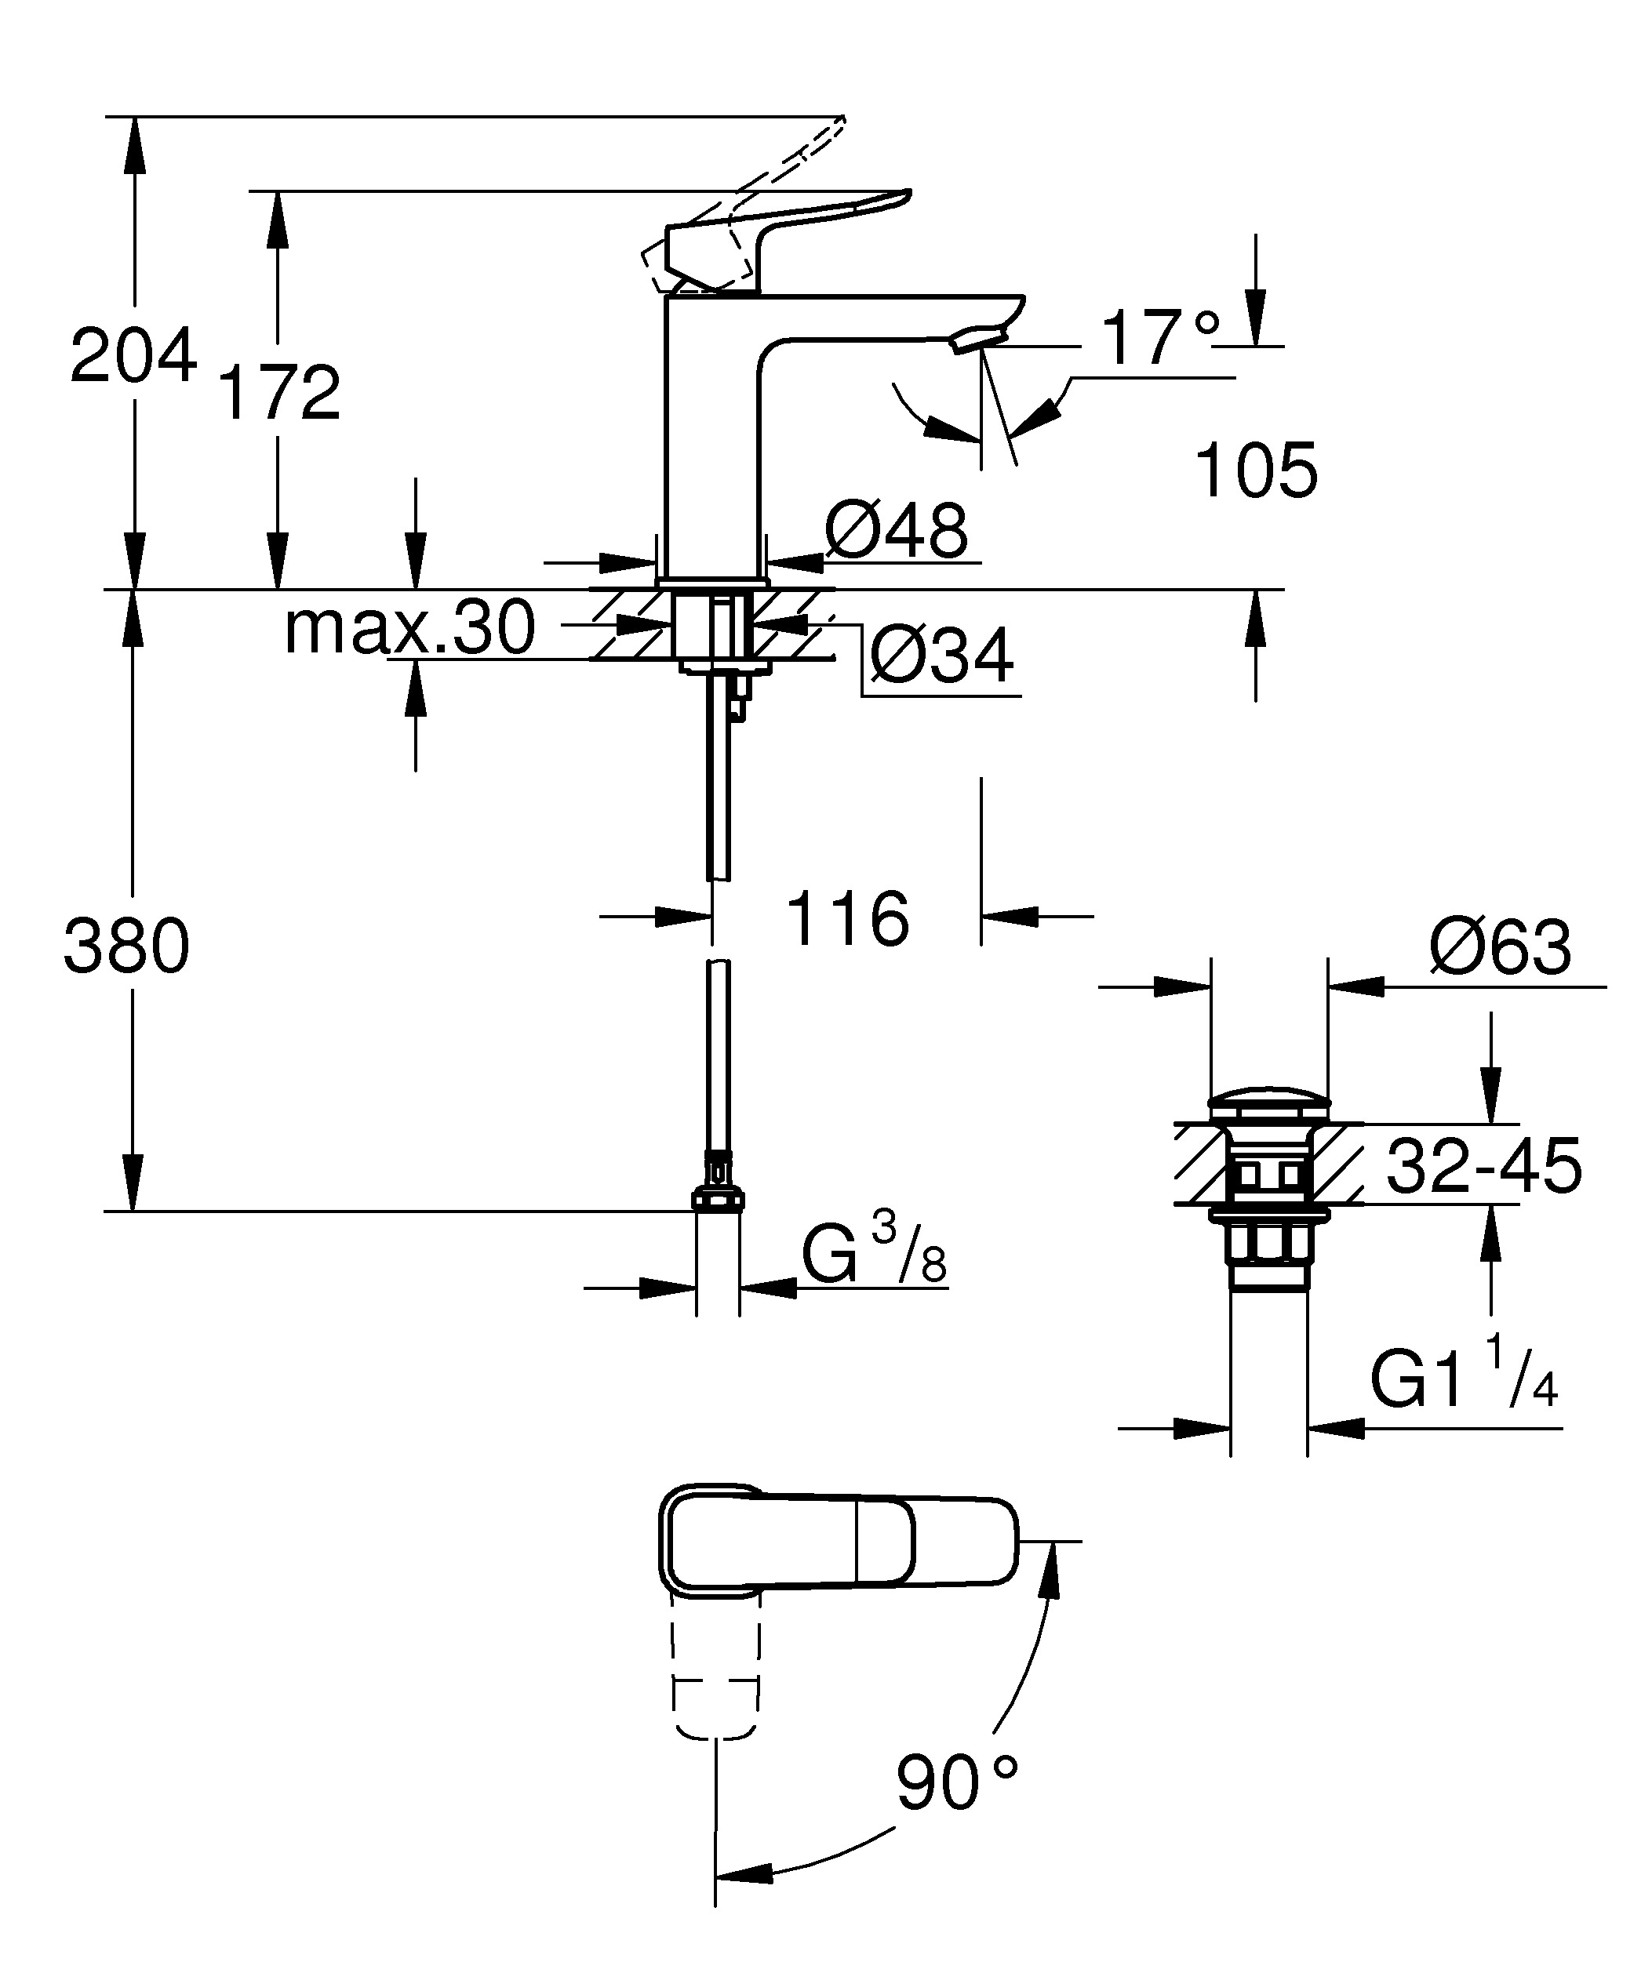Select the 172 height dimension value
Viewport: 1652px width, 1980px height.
279,393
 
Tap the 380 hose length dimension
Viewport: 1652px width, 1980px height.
126,946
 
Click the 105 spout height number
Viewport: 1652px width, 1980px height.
1256,470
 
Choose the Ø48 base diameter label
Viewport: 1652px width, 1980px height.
896,531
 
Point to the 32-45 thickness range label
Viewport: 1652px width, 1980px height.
1483,1166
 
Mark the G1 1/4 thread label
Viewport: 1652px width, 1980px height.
1464,1383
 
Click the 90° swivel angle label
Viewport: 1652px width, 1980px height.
956,1782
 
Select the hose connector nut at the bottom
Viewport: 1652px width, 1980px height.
718,1199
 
